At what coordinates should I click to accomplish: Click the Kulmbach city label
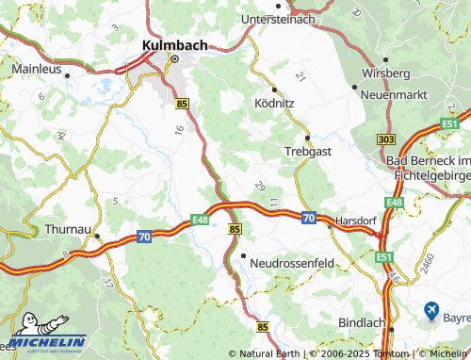click(174, 43)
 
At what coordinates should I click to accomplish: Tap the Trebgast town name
click(307, 150)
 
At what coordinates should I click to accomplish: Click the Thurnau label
click(69, 228)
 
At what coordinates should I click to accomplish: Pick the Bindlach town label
click(364, 322)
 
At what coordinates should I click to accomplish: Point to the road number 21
click(300, 75)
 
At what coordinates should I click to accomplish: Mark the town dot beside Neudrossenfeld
click(243, 255)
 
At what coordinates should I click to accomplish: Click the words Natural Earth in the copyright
click(269, 353)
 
